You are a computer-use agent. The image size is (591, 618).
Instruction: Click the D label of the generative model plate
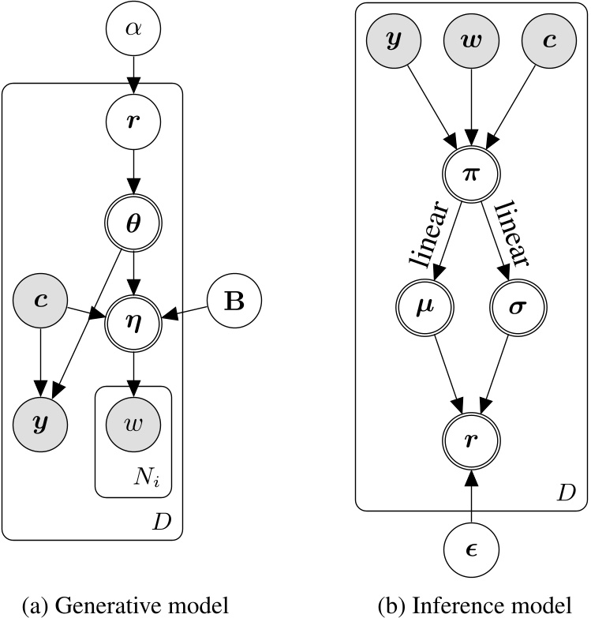(168, 522)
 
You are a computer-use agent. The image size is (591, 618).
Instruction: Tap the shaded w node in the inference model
(471, 40)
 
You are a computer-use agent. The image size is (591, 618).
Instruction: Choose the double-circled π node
(471, 173)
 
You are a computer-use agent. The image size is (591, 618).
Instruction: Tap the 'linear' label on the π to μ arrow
(427, 234)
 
